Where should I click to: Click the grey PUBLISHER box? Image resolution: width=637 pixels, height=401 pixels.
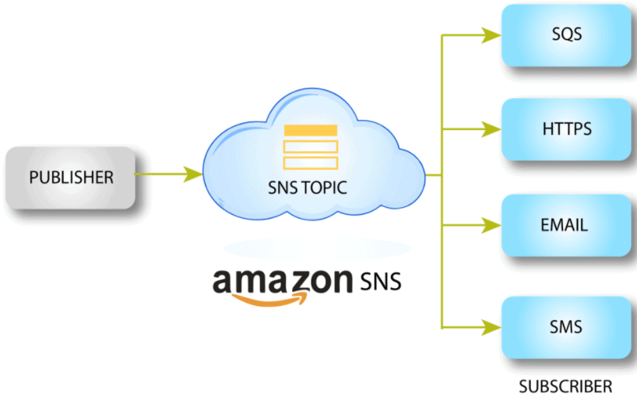pyautogui.click(x=71, y=177)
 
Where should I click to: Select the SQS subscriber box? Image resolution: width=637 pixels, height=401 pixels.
pyautogui.click(x=566, y=35)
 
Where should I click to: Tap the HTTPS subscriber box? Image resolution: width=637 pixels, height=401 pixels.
pyautogui.click(x=566, y=128)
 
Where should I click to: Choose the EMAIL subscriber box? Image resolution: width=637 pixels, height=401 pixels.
pyautogui.click(x=566, y=226)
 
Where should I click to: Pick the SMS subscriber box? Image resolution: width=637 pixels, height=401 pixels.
pyautogui.click(x=566, y=326)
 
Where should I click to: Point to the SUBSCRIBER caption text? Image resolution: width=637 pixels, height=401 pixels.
pyautogui.click(x=565, y=386)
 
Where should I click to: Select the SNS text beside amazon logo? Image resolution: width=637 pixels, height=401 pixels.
pyautogui.click(x=381, y=280)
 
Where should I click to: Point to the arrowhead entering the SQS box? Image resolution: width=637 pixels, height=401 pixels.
pyautogui.click(x=490, y=35)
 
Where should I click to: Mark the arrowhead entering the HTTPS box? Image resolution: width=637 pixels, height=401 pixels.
pyautogui.click(x=490, y=128)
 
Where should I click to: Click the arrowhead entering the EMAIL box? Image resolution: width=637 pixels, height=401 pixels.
pyautogui.click(x=490, y=226)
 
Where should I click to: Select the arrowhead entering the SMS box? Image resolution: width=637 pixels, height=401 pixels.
pyautogui.click(x=490, y=326)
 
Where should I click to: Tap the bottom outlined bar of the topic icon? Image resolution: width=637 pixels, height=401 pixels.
pyautogui.click(x=310, y=163)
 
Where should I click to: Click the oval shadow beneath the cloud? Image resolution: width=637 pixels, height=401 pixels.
pyautogui.click(x=315, y=248)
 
